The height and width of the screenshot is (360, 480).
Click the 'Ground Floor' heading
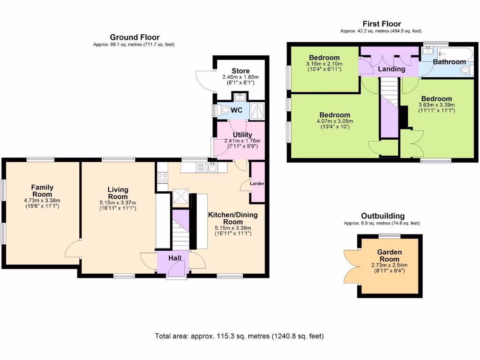pos(135,37)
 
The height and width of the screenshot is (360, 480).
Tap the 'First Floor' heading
pos(382,24)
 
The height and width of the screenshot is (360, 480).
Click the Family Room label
pos(42,191)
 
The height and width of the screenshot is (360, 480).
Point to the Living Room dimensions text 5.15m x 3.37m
pos(117,203)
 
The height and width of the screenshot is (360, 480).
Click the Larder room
pos(257,183)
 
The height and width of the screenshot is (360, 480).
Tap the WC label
pos(236,111)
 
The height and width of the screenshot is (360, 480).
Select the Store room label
pos(240,71)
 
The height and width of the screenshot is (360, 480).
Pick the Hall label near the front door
pos(175,258)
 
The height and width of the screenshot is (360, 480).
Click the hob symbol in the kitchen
pos(162,178)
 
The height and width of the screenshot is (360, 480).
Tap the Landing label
pos(391,69)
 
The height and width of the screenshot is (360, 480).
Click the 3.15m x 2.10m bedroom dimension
pos(324,64)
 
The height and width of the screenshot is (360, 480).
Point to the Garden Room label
pos(390,255)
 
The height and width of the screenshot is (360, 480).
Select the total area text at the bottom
pos(239,336)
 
